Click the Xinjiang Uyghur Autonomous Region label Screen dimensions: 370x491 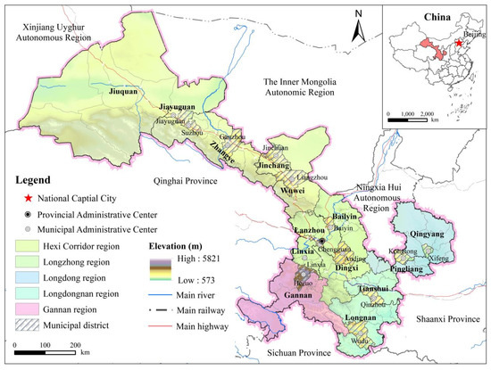pos(50,37)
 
